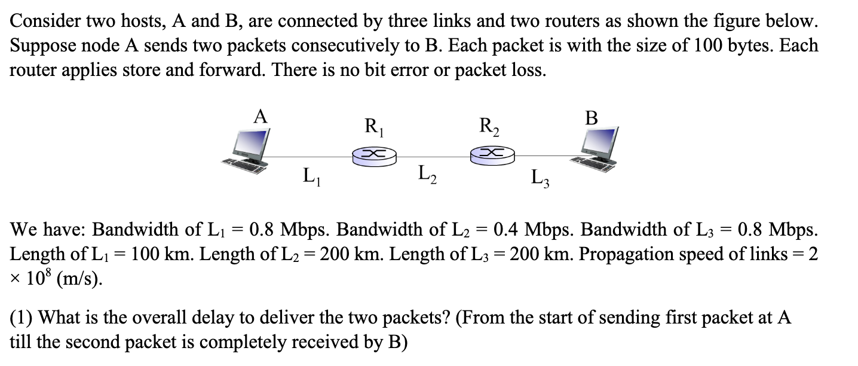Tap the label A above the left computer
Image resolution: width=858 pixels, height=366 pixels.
[260, 116]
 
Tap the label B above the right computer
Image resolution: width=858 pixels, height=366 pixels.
[592, 118]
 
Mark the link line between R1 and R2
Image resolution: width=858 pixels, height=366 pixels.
[433, 157]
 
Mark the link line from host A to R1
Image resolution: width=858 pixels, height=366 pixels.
[311, 157]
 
